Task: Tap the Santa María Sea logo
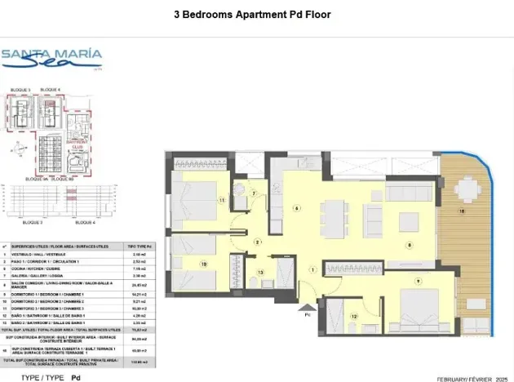(51, 58)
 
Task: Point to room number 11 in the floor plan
(221, 200)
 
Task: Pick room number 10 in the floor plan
(204, 264)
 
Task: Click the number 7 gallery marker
(255, 193)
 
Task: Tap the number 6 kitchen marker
(297, 209)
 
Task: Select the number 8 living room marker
(410, 245)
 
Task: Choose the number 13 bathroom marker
(261, 272)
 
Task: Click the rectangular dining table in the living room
(332, 215)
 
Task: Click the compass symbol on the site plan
(17, 149)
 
